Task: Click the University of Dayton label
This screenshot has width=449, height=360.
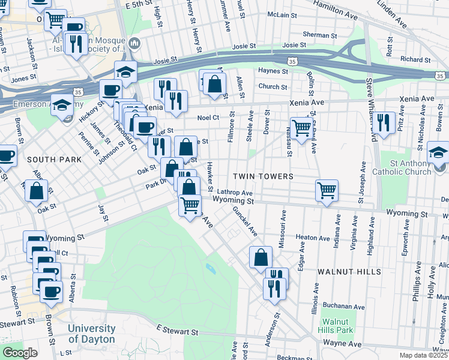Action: point(91,334)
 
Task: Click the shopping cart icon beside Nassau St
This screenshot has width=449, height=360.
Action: point(301,127)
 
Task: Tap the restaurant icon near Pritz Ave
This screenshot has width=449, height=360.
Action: point(384,122)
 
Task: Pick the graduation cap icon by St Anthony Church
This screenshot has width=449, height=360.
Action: point(439,152)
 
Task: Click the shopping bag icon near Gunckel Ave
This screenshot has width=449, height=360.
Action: point(261,257)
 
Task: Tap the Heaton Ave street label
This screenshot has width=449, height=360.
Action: point(313,238)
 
